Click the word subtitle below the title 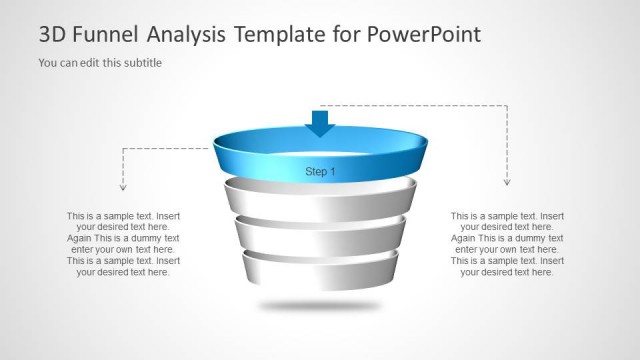(141, 63)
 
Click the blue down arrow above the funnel (320, 122)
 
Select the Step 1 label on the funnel (320, 172)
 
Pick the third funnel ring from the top (320, 236)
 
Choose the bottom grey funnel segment (320, 270)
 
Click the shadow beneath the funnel (320, 304)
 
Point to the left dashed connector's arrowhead (123, 186)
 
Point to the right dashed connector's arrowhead (506, 182)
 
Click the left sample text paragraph (123, 244)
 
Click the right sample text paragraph (507, 244)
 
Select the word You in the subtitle (47, 63)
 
